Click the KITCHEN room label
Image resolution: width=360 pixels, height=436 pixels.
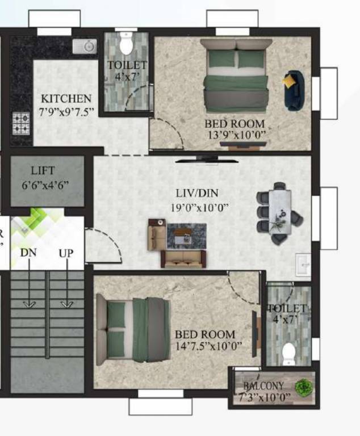66,99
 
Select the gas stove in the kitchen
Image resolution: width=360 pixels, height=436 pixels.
22,123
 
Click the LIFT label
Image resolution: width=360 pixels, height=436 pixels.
43,170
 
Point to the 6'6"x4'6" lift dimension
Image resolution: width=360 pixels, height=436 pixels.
45,185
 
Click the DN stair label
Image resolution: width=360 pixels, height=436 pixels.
28,253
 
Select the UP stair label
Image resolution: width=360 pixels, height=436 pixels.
66,253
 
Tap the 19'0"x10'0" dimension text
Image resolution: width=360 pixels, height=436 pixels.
200,207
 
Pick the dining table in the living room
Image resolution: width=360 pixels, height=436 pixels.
279,211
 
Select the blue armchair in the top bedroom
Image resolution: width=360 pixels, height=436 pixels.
294,90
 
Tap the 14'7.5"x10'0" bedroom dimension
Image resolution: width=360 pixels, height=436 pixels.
208,346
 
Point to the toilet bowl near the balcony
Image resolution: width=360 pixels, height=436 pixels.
289,353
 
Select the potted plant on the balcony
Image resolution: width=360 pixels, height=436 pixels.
304,387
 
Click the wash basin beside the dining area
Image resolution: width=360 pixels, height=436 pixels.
304,265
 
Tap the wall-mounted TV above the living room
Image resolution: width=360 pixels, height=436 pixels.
207,160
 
